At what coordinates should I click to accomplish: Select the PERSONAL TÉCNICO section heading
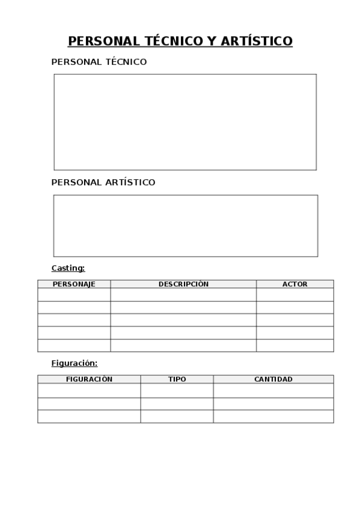(99, 62)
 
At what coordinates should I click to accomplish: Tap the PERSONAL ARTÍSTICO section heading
(103, 182)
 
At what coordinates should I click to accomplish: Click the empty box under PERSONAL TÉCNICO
(185, 122)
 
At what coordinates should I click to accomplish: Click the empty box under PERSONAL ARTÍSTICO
(185, 226)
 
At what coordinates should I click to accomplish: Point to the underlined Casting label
(68, 268)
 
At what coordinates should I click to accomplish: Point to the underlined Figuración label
(74, 363)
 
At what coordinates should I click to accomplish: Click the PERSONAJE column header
(74, 284)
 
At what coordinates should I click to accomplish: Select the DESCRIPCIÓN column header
(183, 284)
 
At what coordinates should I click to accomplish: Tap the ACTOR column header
(294, 284)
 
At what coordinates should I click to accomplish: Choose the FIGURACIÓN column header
(89, 379)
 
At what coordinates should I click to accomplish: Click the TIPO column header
(177, 379)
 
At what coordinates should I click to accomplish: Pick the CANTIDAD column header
(273, 379)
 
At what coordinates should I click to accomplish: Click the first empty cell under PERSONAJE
(74, 295)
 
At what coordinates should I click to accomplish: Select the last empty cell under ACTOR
(294, 346)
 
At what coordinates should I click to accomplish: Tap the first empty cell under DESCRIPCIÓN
(183, 295)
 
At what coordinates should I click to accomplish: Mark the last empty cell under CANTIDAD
(273, 416)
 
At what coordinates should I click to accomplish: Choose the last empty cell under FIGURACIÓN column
(89, 416)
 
